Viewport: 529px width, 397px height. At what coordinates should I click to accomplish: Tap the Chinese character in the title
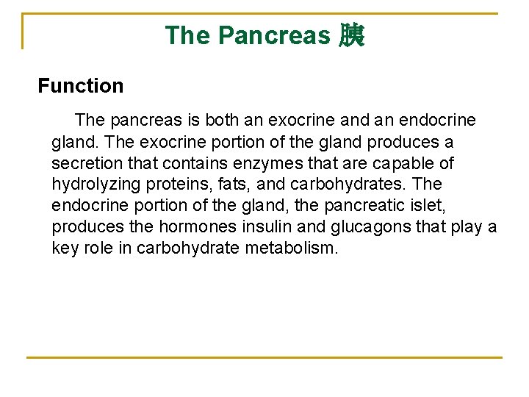(x=351, y=35)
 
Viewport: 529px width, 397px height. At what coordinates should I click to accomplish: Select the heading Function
(x=81, y=86)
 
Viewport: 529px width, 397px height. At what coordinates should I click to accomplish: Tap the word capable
(x=404, y=162)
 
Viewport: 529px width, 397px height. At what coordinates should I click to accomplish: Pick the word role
(x=98, y=248)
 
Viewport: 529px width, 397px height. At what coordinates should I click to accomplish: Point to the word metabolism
(x=292, y=248)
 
